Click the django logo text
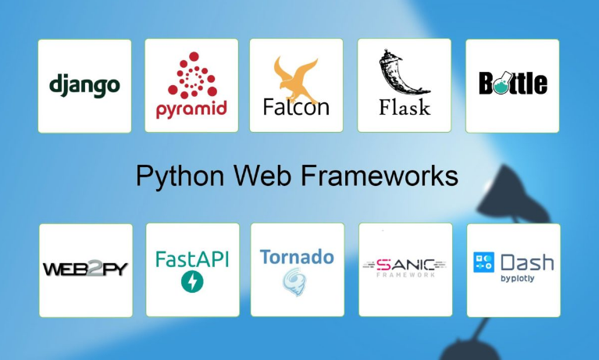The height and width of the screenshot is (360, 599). point(84,84)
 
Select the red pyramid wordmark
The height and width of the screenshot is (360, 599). point(191,109)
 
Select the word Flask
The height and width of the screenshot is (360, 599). point(405,106)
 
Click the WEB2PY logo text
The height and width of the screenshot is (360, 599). point(85,269)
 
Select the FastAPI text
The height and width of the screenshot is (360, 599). point(192,258)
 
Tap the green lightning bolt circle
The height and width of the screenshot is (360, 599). point(191,282)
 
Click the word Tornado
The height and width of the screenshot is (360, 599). point(297,257)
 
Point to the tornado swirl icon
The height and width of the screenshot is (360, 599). point(294,282)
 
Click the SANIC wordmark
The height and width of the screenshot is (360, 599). point(404,263)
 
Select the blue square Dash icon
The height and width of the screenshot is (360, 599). point(484,262)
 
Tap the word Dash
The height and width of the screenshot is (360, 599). point(526,262)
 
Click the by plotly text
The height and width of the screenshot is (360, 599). point(517,278)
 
